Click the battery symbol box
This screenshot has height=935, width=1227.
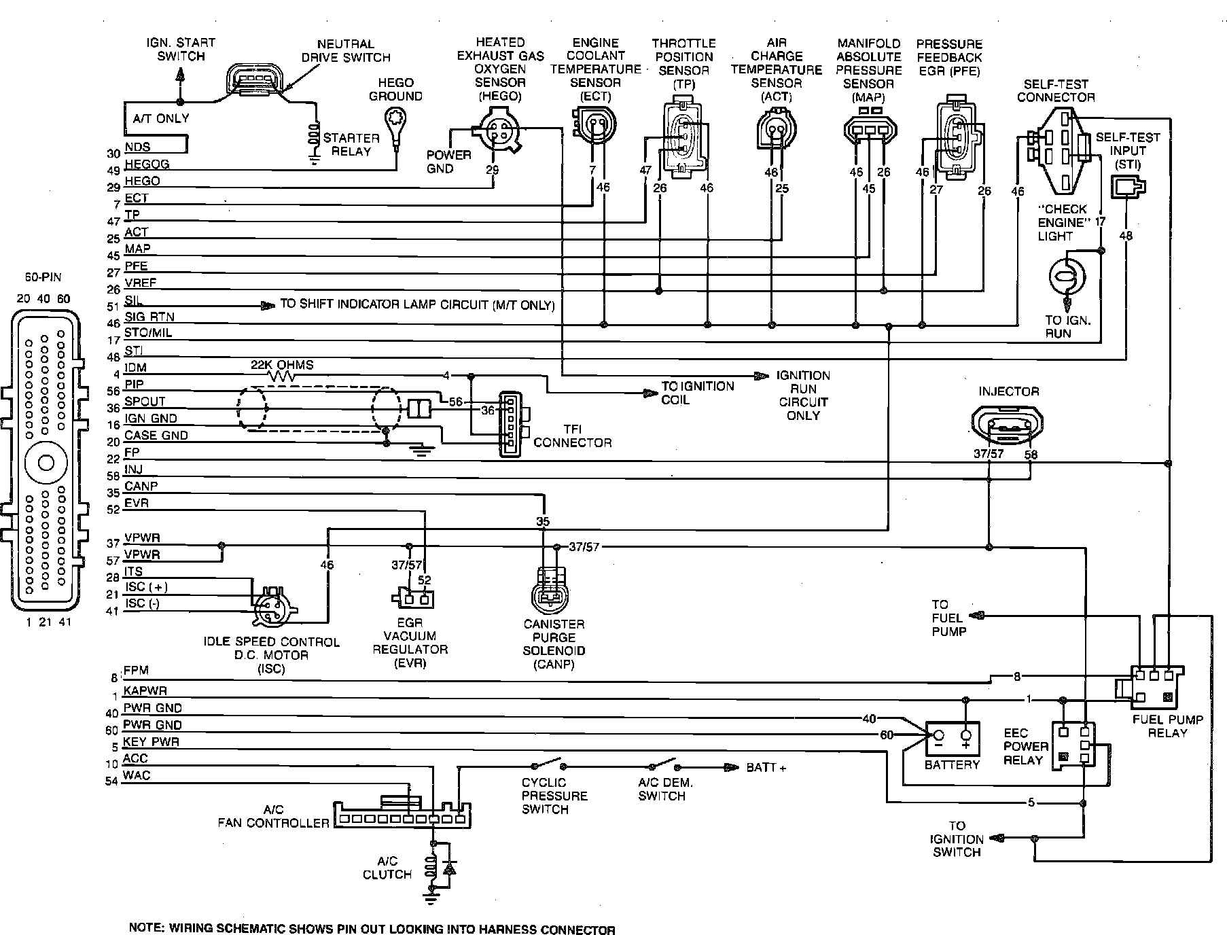pyautogui.click(x=952, y=739)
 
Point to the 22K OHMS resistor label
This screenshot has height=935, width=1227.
pyautogui.click(x=283, y=365)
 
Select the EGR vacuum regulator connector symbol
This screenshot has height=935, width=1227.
pyautogui.click(x=412, y=598)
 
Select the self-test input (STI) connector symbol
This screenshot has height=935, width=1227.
pyautogui.click(x=1127, y=187)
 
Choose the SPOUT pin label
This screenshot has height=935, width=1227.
pyautogui.click(x=145, y=402)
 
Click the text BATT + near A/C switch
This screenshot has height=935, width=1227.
pyautogui.click(x=766, y=768)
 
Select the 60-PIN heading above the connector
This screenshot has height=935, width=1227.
pyautogui.click(x=42, y=277)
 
